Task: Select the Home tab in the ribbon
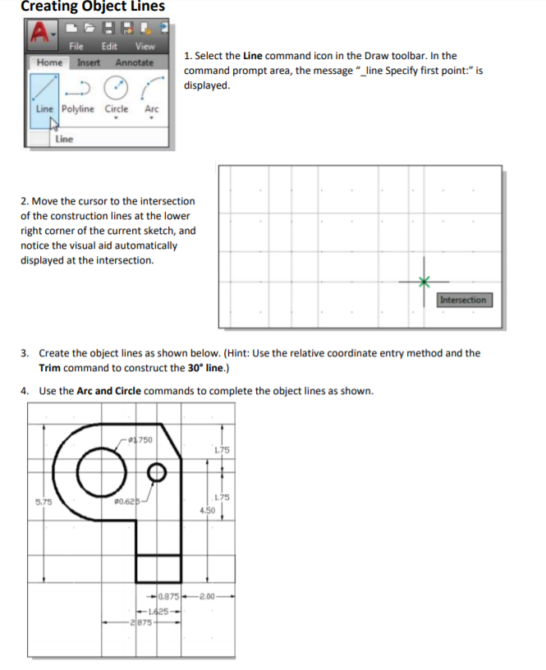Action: point(50,62)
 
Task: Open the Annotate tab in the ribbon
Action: point(134,62)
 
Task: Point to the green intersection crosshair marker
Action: point(424,282)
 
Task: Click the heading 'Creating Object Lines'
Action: point(93,7)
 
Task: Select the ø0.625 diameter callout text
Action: point(128,500)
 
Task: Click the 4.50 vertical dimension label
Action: point(207,511)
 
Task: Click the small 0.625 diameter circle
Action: point(158,473)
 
